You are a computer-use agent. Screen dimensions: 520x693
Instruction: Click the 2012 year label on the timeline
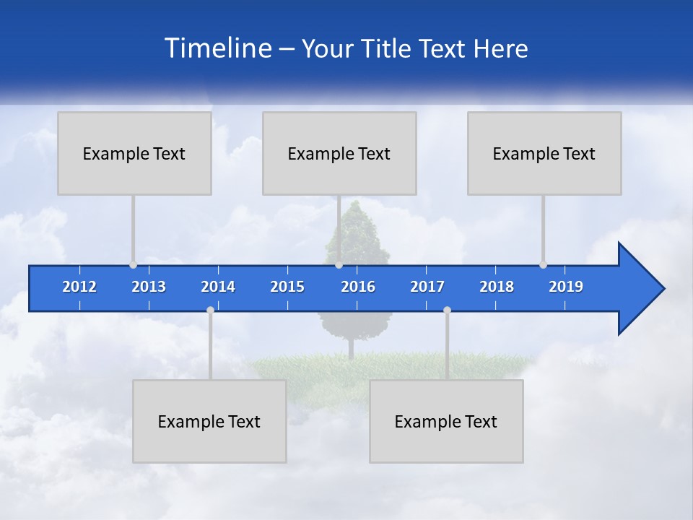tap(79, 287)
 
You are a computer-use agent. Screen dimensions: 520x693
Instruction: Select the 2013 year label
tap(149, 287)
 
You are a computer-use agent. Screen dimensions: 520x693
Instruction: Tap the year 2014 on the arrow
tap(218, 287)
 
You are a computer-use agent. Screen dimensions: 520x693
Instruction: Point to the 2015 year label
tap(287, 287)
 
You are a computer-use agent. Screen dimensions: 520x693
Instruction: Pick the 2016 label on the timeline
tap(358, 287)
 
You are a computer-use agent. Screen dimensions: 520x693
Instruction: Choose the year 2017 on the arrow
tap(427, 287)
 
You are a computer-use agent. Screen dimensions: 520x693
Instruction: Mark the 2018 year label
tap(497, 287)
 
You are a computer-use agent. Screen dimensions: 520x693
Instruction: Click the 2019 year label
tap(566, 287)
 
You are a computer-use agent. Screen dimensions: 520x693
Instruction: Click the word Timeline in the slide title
tap(217, 48)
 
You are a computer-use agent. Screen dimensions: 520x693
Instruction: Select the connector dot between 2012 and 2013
tap(133, 264)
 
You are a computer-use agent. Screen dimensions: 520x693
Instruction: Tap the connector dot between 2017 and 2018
tap(447, 310)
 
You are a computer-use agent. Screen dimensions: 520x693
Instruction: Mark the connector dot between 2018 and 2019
tap(543, 264)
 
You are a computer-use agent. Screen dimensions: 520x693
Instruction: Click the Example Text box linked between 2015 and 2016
tap(339, 153)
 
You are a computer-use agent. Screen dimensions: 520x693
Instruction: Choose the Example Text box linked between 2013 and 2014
tap(209, 421)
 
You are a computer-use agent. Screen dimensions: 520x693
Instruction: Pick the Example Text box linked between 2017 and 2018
tap(446, 421)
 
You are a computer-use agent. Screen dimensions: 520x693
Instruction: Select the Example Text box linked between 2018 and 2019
tap(544, 153)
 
